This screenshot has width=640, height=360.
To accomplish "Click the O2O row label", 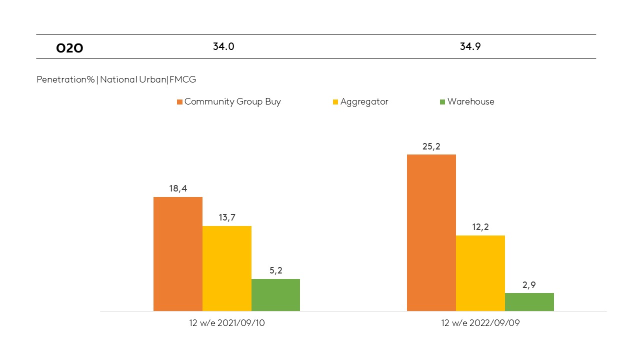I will pos(69,48).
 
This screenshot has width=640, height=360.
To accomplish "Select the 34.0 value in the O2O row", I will pos(223,46).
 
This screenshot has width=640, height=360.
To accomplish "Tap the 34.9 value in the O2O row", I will pos(470,46).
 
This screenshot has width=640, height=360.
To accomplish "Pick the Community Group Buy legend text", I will pos(232,101).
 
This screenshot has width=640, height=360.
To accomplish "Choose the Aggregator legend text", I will pos(364,101).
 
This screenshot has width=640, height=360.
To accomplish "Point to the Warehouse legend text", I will pos(470,101).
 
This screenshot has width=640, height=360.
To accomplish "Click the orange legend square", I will pos(179,102).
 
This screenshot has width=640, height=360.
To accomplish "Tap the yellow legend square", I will pos(335,102).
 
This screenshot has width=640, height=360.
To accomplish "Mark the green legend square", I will pos(442,102).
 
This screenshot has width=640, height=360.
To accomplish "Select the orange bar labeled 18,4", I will pos(178,254).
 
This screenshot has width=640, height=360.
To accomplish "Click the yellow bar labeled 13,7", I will pos(227,268).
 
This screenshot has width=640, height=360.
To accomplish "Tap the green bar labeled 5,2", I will pos(275,295).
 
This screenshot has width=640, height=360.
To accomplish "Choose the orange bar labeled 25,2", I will pos(431,232).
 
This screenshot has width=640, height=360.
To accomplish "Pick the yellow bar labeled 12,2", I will pos(480,273).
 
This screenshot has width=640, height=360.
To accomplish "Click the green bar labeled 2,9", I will pos(529,302).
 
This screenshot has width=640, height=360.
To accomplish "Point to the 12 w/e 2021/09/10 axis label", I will pos(226,323).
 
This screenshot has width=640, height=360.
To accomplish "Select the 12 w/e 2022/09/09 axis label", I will pos(480,323).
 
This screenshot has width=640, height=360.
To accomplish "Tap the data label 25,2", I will pos(431,146).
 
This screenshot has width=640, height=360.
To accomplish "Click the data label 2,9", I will pos(529,285).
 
